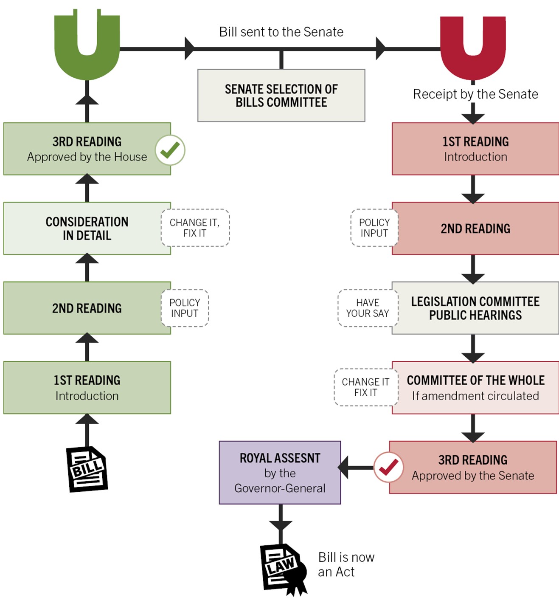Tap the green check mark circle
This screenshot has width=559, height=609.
coord(170,150)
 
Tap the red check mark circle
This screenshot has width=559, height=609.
coord(388,468)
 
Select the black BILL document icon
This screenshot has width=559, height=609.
coord(87,469)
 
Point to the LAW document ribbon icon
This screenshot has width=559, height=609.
coord(283,569)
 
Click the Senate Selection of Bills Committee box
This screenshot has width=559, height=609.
coord(281,96)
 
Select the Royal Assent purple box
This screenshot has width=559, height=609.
coord(280,473)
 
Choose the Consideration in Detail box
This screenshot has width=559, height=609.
coord(87,228)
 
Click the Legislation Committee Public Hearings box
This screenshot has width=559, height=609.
coord(475,308)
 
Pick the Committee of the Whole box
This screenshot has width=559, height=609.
coord(475,387)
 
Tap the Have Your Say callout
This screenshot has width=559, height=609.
coord(368,308)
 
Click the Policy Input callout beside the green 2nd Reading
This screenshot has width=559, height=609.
coord(185,308)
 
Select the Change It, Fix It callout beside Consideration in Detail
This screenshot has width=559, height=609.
coord(195,228)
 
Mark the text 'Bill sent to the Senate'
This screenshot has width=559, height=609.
coord(281,32)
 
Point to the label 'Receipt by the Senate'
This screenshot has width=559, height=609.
coord(475,94)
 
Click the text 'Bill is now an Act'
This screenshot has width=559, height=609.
coord(346,564)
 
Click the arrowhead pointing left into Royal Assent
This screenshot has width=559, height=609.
coord(344,468)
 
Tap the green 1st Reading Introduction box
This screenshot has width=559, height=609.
coord(87,387)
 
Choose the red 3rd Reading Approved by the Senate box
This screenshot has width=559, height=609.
coord(473,467)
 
